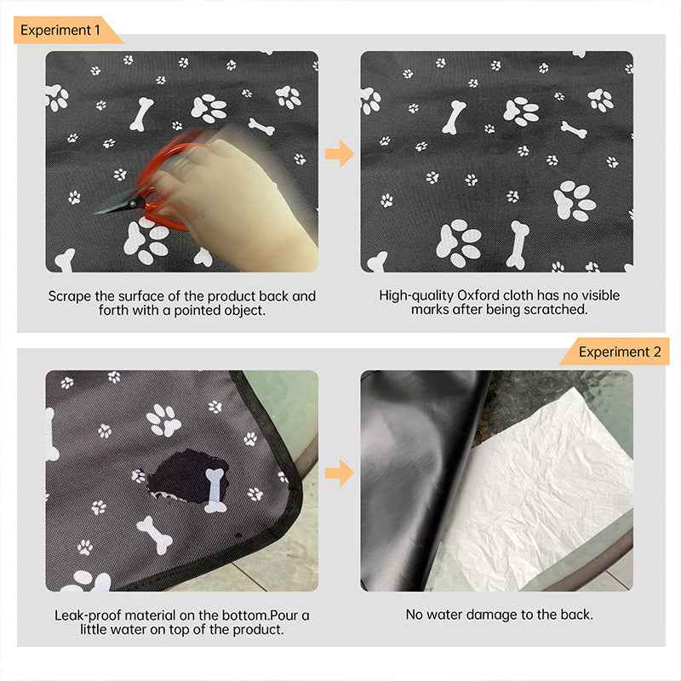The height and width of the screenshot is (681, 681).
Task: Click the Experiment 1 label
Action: click(x=60, y=30)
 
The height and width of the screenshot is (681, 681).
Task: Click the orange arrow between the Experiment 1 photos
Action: click(x=339, y=154)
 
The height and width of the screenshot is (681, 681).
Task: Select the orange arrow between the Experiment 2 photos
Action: click(x=339, y=472)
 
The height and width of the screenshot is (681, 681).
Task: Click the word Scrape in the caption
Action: click(x=69, y=296)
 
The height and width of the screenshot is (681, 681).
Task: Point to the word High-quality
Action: click(x=417, y=296)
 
